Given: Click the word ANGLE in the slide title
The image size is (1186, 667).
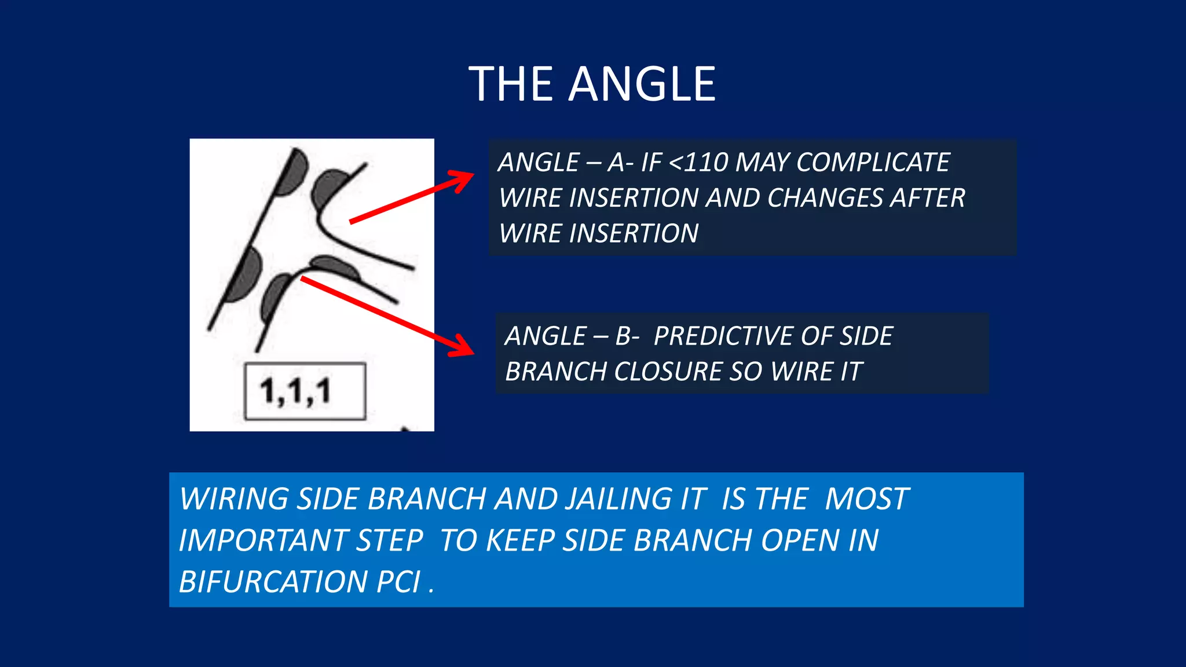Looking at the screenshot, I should tap(642, 85).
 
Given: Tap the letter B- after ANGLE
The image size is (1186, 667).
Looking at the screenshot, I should tap(627, 336).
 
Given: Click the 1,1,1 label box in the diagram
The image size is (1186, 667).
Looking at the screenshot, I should tap(305, 391).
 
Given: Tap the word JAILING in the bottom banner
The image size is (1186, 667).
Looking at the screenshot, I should tap(635, 499).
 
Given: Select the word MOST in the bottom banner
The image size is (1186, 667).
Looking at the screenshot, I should tap(867, 499).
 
